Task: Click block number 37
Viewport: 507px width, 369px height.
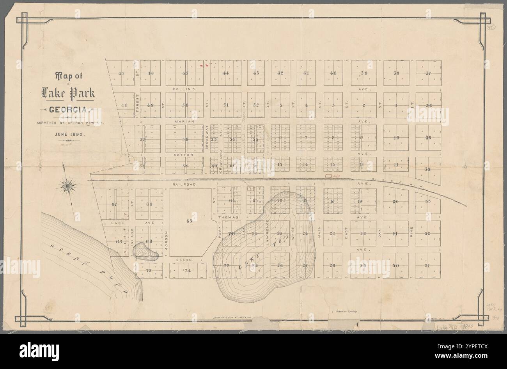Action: click(428, 73)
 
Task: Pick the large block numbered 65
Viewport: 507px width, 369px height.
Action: click(190, 221)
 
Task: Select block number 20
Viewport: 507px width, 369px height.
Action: click(395, 201)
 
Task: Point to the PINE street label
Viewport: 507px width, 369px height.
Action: click(411, 234)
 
